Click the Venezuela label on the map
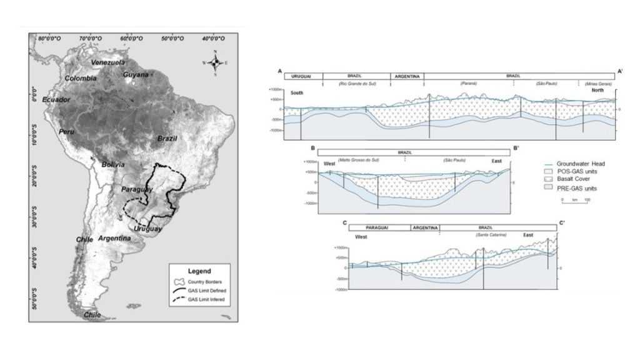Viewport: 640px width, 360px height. click(x=108, y=62)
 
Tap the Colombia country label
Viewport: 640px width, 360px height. click(x=81, y=78)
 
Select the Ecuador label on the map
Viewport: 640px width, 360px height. click(x=56, y=99)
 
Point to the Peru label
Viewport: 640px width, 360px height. click(x=67, y=132)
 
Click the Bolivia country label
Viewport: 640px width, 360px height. click(x=113, y=164)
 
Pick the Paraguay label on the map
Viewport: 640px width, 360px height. click(x=134, y=189)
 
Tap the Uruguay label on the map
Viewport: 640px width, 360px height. click(x=148, y=229)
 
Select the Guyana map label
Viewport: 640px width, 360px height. click(x=136, y=74)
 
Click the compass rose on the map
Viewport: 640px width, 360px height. click(x=215, y=62)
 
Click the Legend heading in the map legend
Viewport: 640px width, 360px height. click(x=200, y=272)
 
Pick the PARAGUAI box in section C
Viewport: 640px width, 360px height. click(x=379, y=227)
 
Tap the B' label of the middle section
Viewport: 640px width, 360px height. click(x=516, y=149)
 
